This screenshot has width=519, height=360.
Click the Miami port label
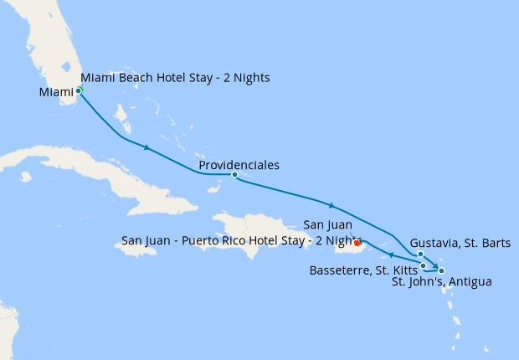coord(55,92)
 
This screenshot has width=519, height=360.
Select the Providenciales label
coord(239,165)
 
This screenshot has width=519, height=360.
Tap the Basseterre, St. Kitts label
coord(363,270)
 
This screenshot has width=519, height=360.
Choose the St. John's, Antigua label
coord(441,282)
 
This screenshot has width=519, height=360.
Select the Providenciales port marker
coord(234,175)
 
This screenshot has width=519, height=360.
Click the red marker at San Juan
coord(357,244)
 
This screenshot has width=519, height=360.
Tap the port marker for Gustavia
coord(420,255)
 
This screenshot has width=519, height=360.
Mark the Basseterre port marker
coord(424,265)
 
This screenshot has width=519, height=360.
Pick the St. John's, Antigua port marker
coord(441,270)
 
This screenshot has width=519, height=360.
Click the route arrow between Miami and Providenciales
coord(147,148)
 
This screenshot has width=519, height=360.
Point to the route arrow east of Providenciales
coord(332,205)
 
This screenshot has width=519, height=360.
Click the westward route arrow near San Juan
coord(391,255)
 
